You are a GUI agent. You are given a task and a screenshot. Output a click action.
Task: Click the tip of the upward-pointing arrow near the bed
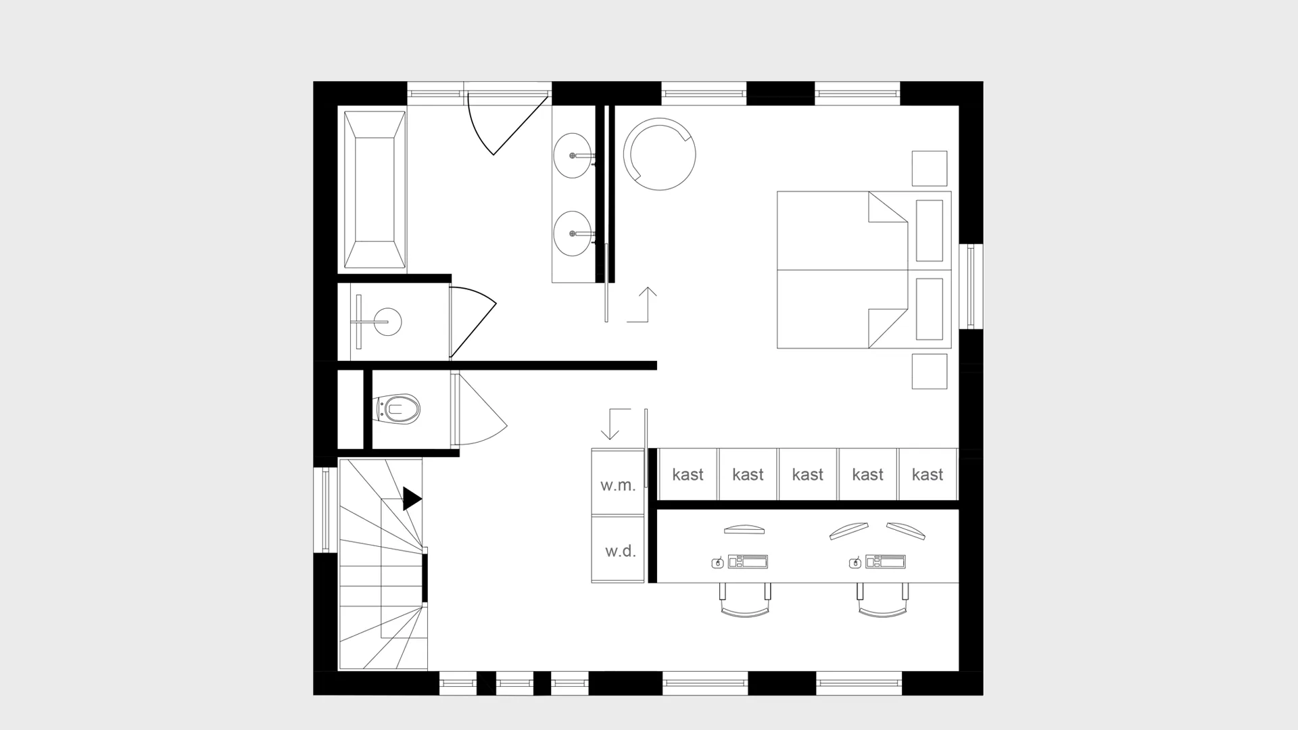pos(648,288)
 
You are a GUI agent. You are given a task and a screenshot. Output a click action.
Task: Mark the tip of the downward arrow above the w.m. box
pos(610,439)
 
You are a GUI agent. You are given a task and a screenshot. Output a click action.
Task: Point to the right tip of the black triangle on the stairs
pos(422,499)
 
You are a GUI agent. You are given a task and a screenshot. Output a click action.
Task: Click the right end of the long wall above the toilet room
pos(656,366)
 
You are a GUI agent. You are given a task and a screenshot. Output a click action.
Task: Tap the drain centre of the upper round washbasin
pos(573,155)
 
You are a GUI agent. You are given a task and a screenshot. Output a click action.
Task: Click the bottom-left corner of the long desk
pos(658,583)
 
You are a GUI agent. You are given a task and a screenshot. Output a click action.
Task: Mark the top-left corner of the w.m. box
pos(592,449)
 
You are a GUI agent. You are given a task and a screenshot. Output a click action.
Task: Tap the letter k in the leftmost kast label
pos(676,474)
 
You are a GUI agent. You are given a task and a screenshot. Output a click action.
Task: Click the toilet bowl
pos(398,409)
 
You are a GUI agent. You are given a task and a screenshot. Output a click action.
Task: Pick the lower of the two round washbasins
pos(573,233)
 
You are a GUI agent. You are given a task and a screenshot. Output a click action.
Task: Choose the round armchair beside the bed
pos(659,154)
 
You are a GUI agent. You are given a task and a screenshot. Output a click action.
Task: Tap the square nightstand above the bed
pos(930,168)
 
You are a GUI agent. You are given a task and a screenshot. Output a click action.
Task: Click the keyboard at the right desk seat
pos(885,562)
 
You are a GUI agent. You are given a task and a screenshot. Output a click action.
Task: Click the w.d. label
pos(620,552)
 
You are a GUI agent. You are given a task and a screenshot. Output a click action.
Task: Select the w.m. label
pos(618,485)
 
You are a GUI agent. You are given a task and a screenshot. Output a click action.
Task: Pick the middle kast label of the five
pos(808,474)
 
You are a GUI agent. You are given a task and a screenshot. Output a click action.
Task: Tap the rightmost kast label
pos(928,474)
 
